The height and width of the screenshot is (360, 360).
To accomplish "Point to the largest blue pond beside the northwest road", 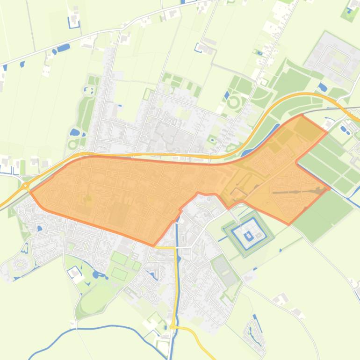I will pos(64,47).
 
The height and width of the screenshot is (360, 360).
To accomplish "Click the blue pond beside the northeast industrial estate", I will pos(323,87).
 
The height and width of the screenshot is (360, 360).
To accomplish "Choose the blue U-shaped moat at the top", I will pos(74,21).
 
